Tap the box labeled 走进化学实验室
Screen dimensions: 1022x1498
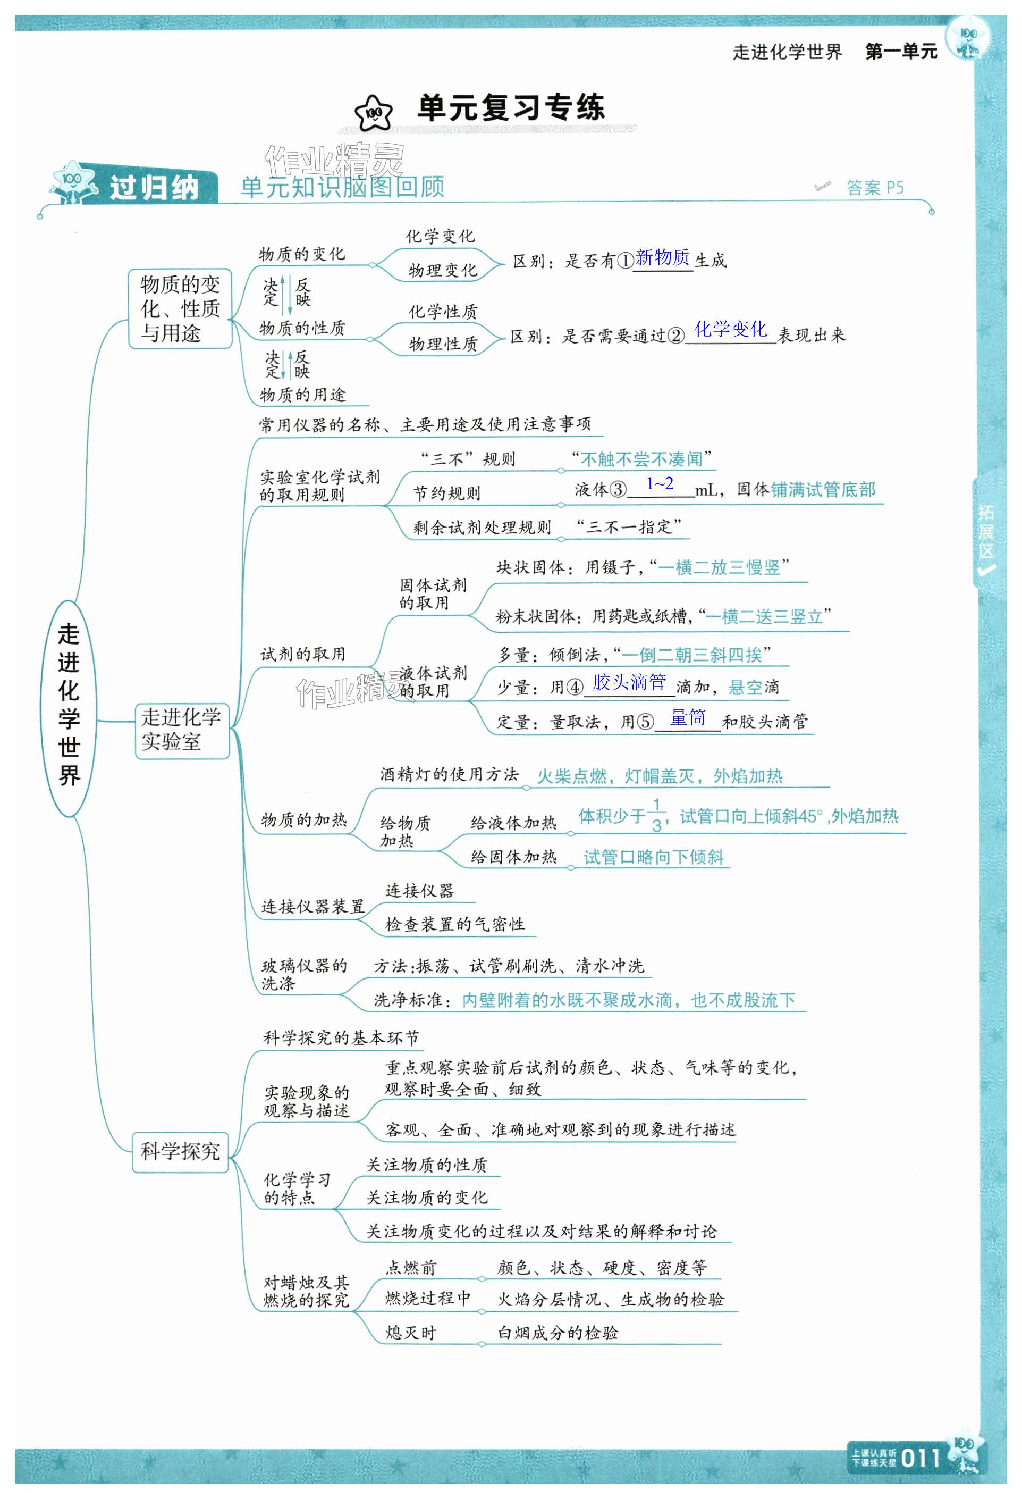181,730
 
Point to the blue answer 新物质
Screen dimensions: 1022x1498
662,258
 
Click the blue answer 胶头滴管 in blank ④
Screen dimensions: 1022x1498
629,682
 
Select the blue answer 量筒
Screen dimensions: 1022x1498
688,717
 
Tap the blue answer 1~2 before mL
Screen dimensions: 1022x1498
660,483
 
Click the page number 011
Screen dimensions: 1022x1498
921,1458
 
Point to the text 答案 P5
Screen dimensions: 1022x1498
874,188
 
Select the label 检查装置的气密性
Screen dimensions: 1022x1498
455,924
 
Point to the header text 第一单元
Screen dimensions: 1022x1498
901,52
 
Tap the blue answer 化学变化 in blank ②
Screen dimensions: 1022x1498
730,329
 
